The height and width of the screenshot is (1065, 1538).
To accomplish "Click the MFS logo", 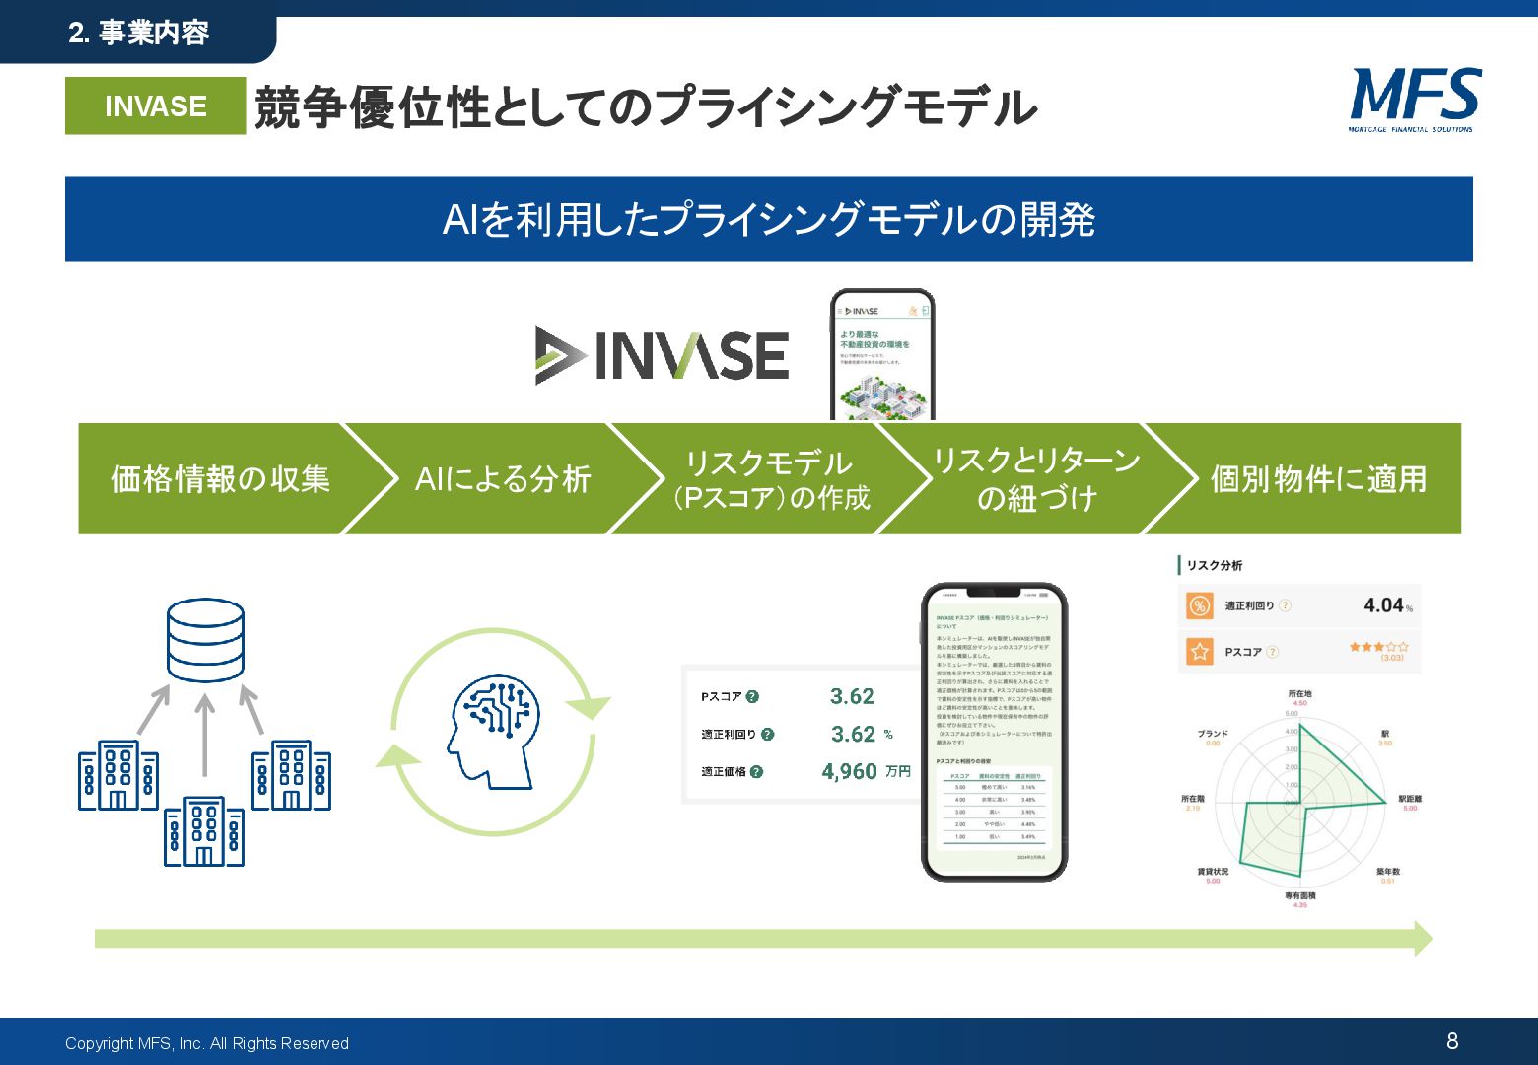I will point(1414,99).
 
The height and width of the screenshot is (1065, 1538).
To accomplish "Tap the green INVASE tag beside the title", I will point(156,106).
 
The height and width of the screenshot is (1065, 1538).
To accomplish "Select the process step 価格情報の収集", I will point(221,479).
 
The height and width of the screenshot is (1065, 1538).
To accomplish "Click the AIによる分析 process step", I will point(503,479).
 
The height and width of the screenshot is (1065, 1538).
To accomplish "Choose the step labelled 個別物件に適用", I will point(1318,479).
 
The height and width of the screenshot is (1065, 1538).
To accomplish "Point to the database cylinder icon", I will point(205,640).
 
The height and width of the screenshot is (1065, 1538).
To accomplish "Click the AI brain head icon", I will point(493,731).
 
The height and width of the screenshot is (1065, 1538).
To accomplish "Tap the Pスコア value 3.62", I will point(852,696).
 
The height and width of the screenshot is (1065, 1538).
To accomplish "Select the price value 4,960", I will point(849,771).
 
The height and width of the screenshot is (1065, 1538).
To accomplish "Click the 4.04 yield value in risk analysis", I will point(1383,605).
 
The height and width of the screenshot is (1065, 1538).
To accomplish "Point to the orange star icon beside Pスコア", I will point(1199,652).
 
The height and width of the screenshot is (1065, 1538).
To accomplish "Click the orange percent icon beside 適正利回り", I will point(1199,605).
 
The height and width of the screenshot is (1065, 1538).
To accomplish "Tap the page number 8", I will point(1452,1041).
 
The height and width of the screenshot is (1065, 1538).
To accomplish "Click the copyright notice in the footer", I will point(207,1043).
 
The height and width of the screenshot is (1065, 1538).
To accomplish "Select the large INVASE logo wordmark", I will point(663,355).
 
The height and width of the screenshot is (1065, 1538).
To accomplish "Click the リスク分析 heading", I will point(1214,565).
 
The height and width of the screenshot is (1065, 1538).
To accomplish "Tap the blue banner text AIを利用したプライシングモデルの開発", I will point(769,219).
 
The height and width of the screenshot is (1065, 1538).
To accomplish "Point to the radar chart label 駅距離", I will point(1410,799).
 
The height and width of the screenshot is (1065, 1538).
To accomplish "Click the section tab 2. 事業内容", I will point(139,34).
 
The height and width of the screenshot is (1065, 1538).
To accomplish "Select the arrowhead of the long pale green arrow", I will point(1423,939).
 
